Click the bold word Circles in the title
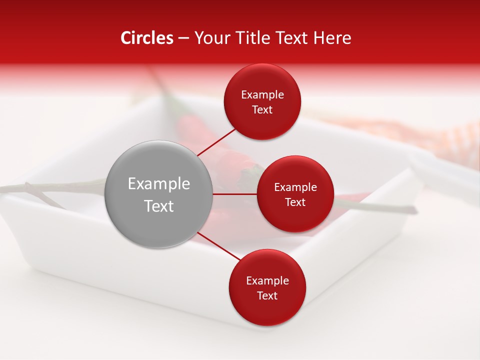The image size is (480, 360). coord(147,38)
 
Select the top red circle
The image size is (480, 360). coord(262,101)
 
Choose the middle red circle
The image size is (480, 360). coord(295,194)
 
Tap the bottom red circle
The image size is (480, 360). coord(267,287)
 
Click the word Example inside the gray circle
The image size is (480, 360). coord(159,184)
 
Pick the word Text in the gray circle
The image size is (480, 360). coord(159,206)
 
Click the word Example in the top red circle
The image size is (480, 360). coord(262,95)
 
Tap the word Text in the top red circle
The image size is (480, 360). coord(262,109)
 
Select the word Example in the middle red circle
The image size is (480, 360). coord(295,187)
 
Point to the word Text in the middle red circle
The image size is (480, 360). coord(295,202)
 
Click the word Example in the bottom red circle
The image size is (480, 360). coord(267,281)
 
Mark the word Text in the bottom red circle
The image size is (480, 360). coord(267,295)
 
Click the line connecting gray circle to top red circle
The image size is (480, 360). coord(216,141)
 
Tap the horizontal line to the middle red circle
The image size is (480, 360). coord(235,194)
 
